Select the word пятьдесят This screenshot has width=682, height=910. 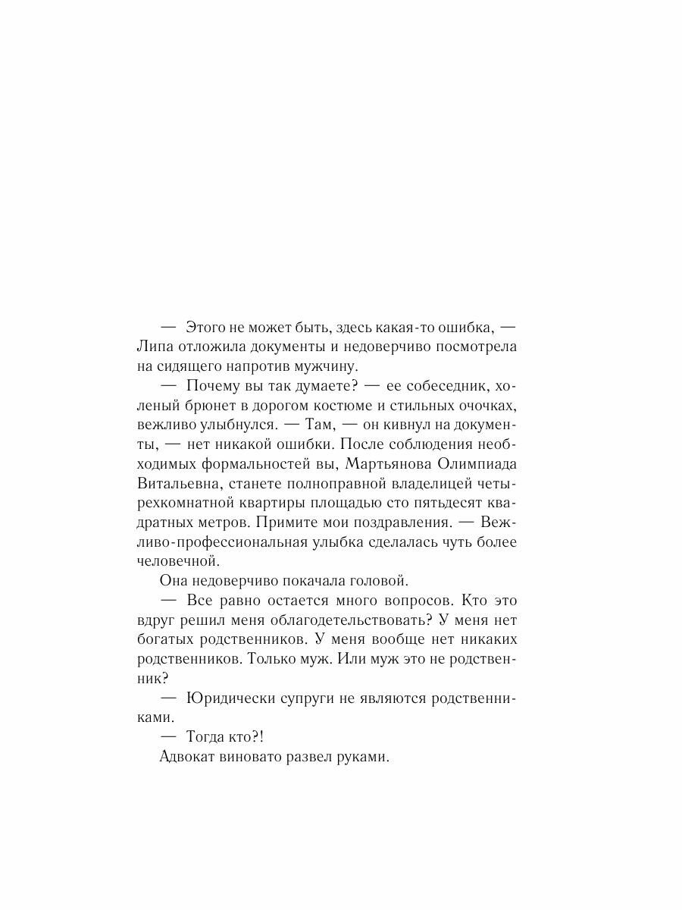coord(455,503)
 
